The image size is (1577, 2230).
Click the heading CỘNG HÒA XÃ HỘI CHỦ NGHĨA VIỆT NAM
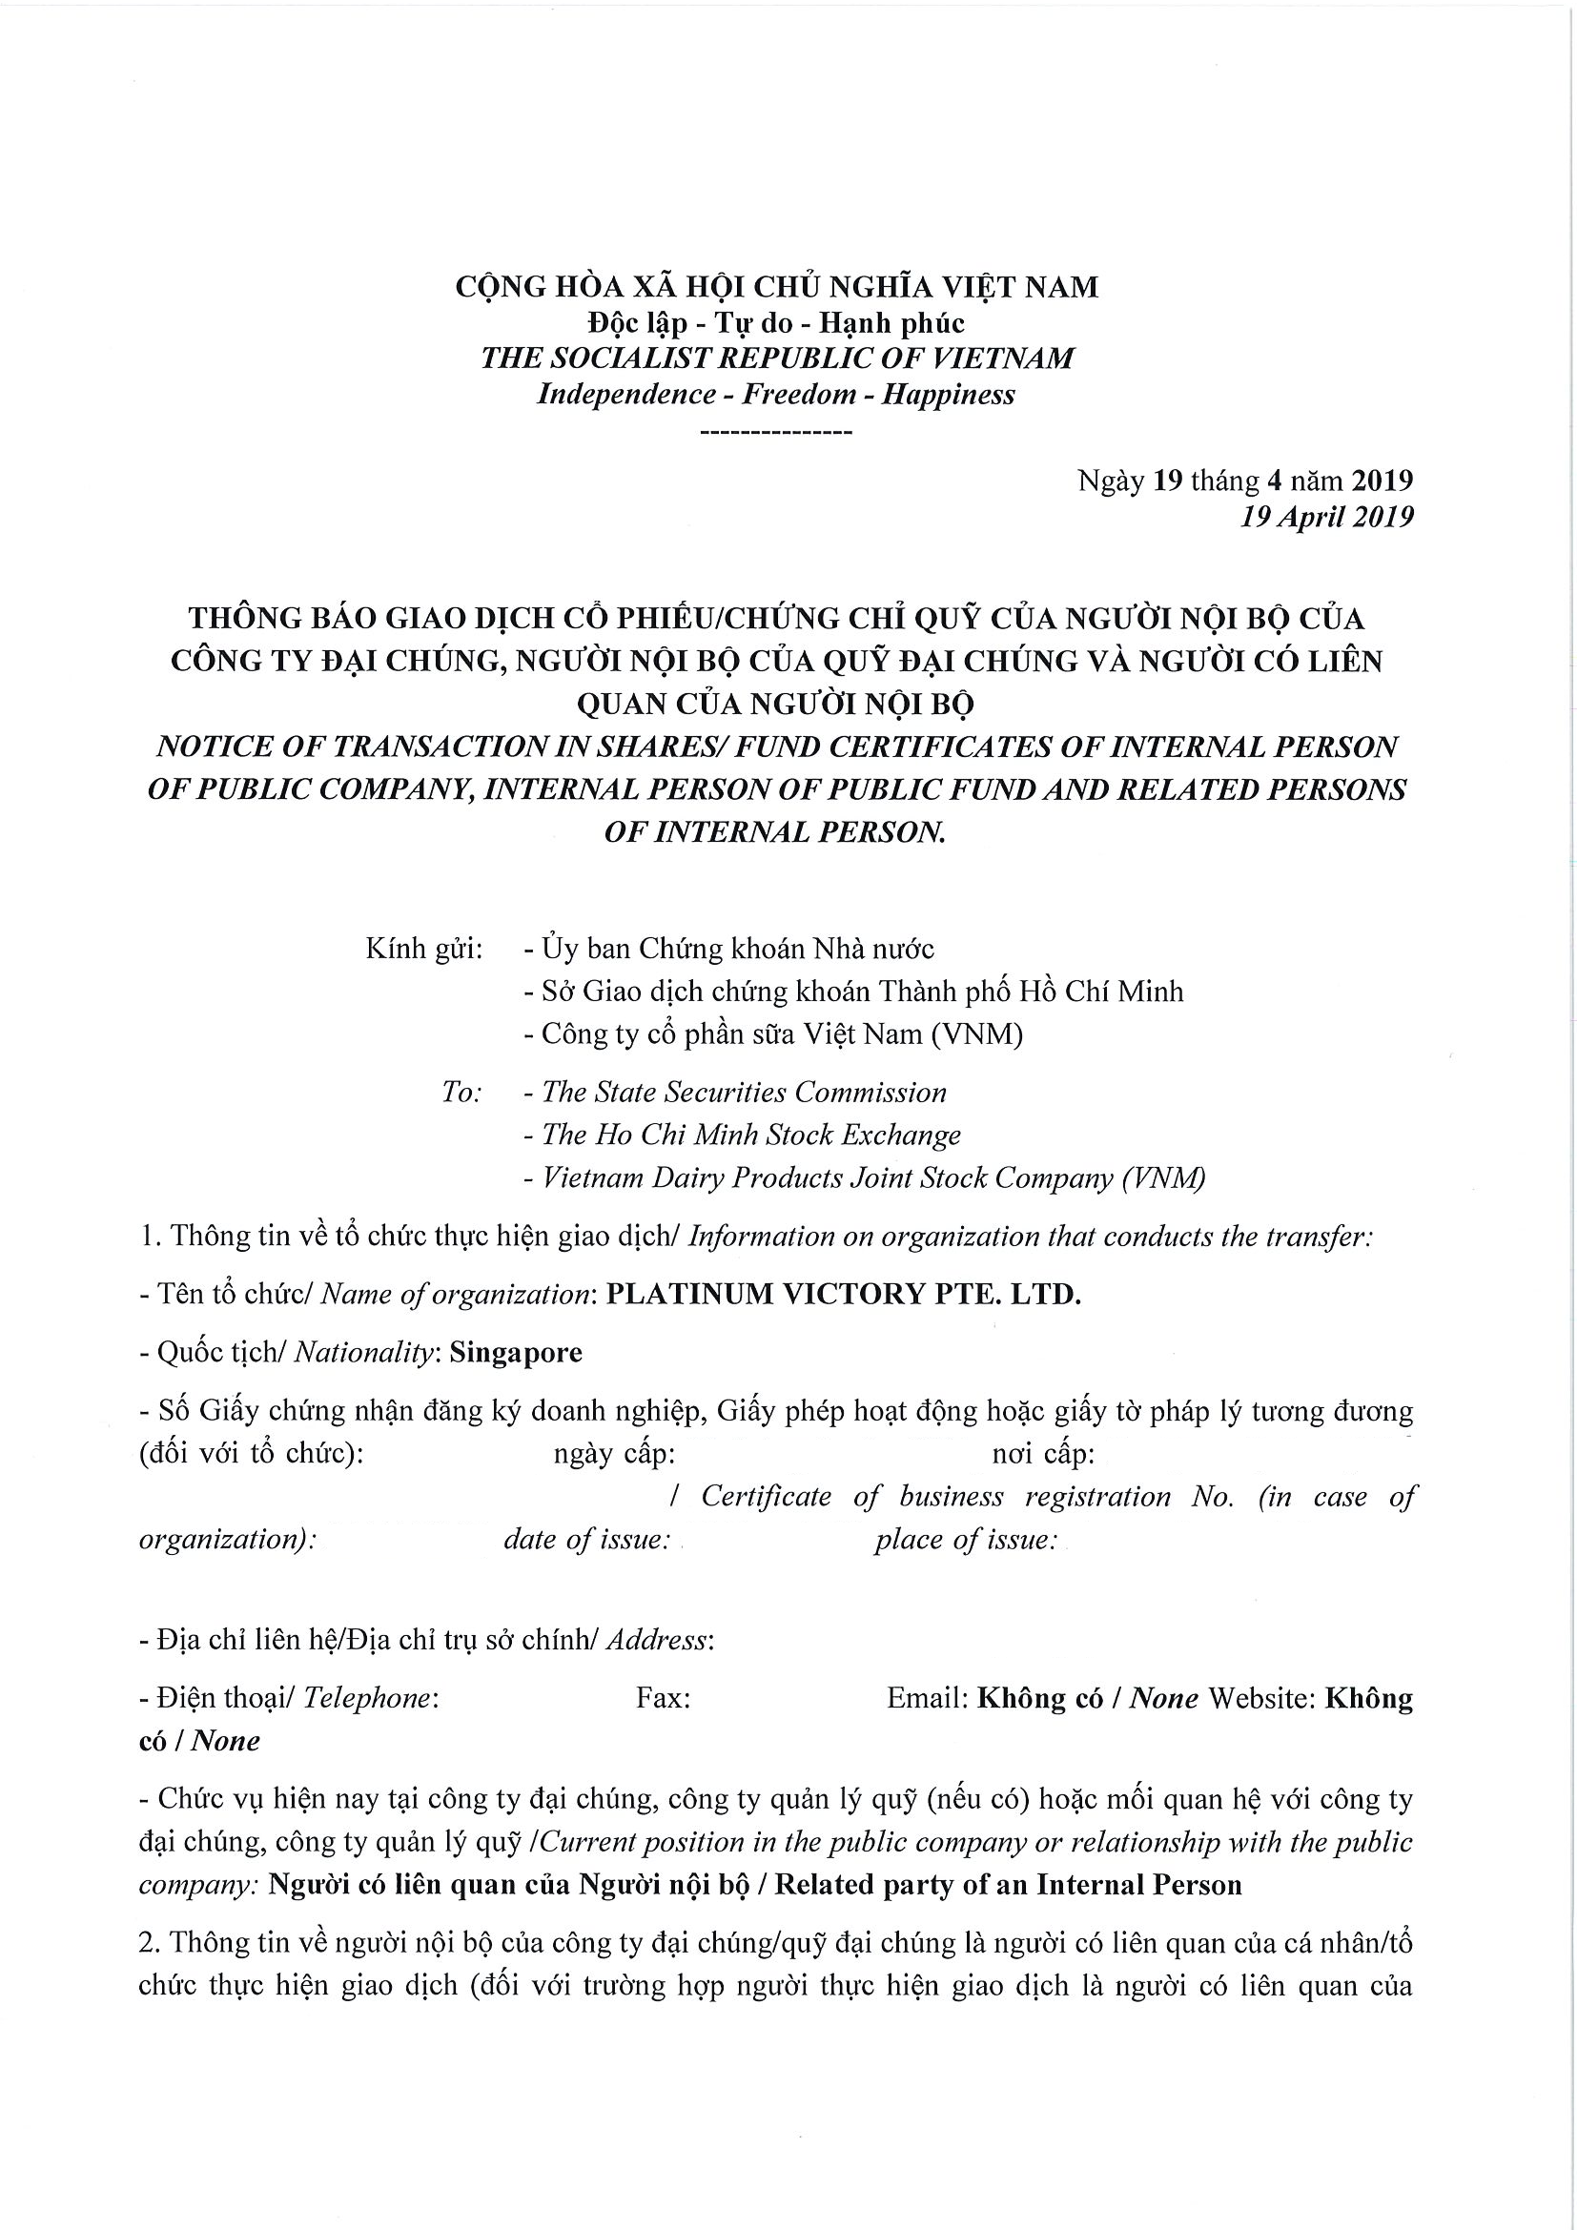point(777,287)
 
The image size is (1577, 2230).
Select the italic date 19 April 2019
point(1326,517)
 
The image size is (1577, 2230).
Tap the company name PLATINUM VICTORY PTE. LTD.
point(843,1295)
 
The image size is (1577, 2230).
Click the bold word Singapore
point(516,1353)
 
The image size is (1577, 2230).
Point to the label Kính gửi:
point(423,949)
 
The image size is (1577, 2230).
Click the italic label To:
point(461,1093)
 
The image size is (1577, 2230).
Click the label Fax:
point(664,1698)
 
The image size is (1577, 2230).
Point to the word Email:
point(928,1698)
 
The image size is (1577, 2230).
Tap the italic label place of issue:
point(964,1540)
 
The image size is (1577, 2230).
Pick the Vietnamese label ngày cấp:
point(614,1454)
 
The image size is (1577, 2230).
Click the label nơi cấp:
point(1043,1454)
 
